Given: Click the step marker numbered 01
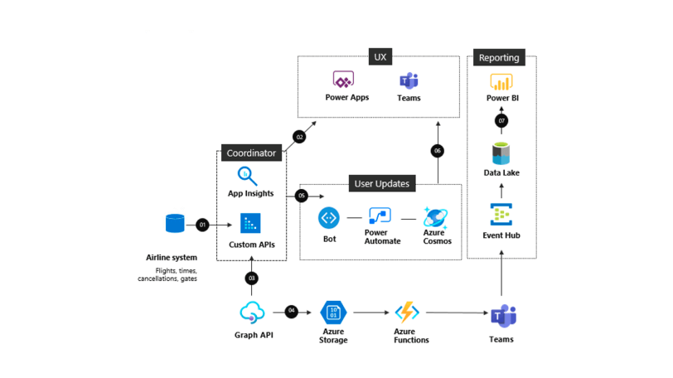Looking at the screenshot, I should point(203,225).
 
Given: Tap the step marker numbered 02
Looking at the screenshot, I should point(299,137).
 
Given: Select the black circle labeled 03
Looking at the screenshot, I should point(251,278).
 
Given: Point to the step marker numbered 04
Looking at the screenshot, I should point(291,312).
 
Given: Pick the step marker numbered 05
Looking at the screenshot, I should point(301,196).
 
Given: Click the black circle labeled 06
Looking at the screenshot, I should point(437,151).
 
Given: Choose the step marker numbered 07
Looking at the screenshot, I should point(501,121).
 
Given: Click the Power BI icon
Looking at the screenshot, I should point(501,82).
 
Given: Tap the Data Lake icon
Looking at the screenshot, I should point(501,153).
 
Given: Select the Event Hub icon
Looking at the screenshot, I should point(501,215).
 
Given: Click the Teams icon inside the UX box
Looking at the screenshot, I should point(409,80).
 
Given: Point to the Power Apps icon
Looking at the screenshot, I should point(343,80).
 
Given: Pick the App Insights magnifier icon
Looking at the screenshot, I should point(247,177).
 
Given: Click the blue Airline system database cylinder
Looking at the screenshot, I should point(175,224).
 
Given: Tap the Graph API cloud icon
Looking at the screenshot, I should point(251,313).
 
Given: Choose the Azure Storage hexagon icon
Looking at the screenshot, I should point(332,313).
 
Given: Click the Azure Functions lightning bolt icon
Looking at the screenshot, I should point(406,313).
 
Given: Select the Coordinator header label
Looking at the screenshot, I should point(251,153).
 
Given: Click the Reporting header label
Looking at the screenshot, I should point(499,58).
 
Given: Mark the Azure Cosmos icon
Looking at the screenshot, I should point(436,218).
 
